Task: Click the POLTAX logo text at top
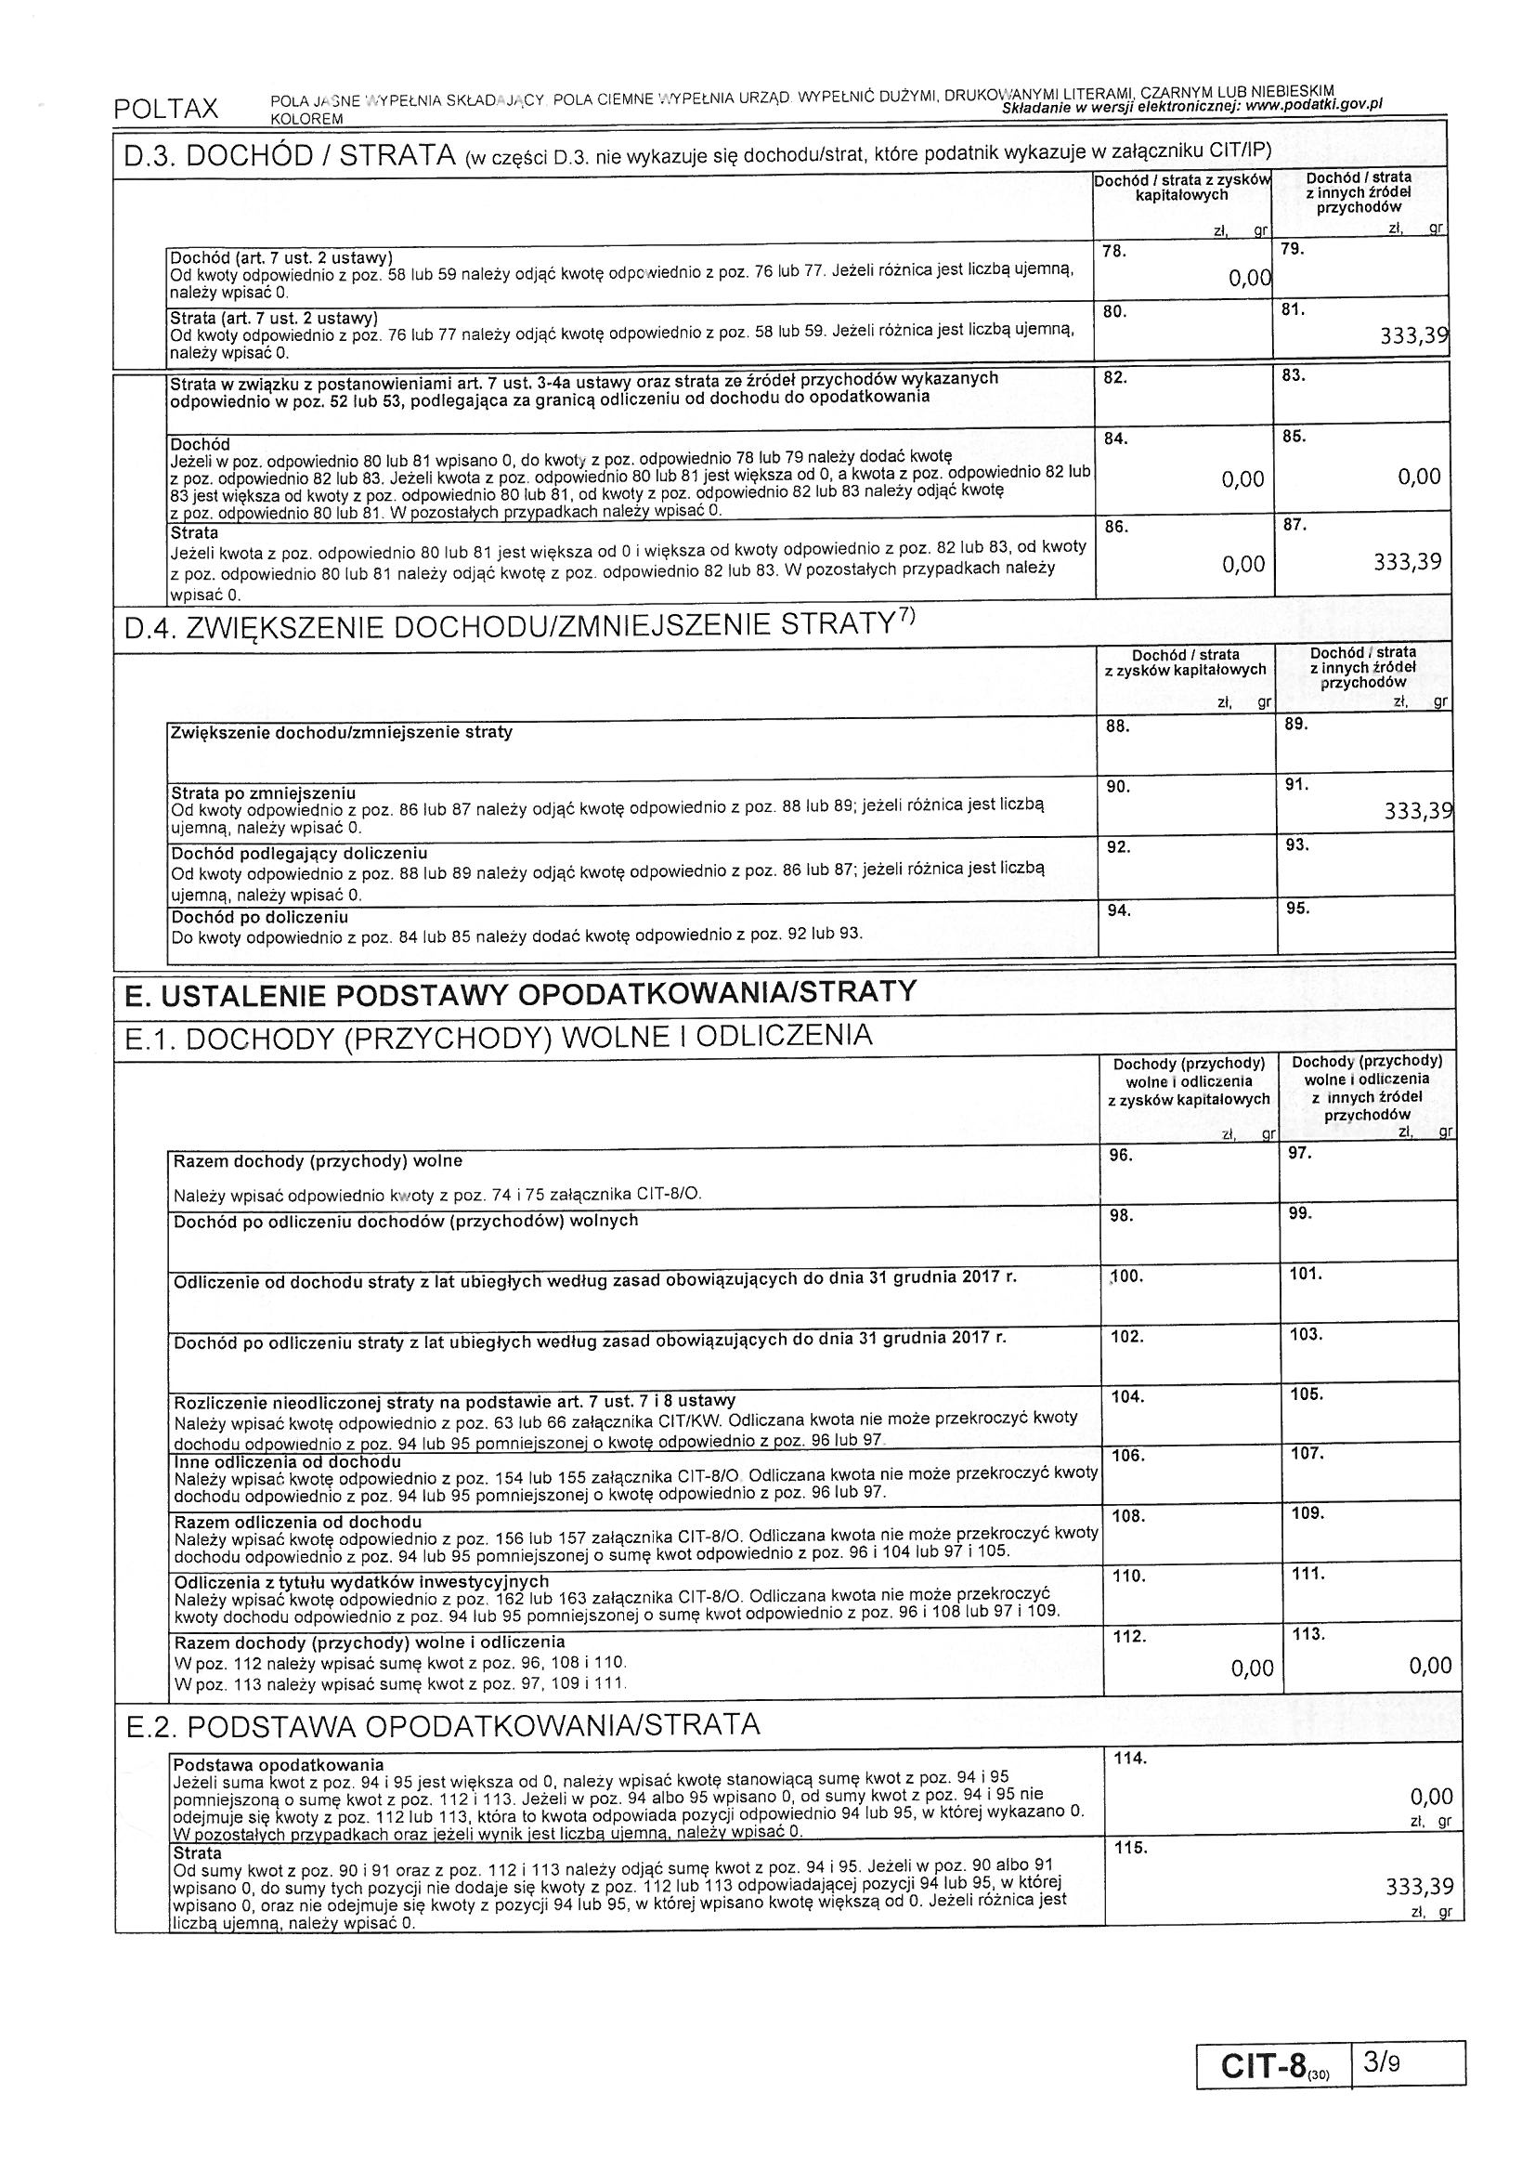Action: point(165,109)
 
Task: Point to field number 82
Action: point(1116,376)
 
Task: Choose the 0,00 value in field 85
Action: point(1419,477)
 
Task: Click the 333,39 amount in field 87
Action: point(1408,563)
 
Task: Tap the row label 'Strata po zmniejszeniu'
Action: point(263,792)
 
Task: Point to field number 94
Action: point(1119,910)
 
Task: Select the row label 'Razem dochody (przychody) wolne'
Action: point(318,1160)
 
